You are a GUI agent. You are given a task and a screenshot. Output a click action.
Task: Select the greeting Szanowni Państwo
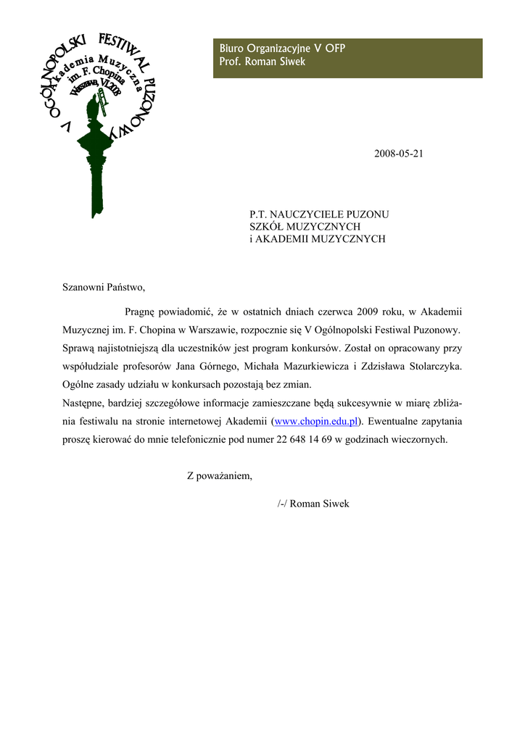104,287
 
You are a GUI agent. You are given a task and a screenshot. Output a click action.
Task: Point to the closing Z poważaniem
219,476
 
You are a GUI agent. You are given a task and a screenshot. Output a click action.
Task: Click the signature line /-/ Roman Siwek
313,504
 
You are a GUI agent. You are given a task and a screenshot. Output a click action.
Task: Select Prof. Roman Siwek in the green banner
262,62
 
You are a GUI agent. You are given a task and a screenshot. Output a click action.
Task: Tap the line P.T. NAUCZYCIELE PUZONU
319,214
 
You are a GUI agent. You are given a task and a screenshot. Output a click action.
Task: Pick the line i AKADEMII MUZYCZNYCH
317,239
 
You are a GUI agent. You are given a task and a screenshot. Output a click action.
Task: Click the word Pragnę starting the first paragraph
142,312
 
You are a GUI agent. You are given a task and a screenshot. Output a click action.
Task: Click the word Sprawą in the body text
79,349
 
